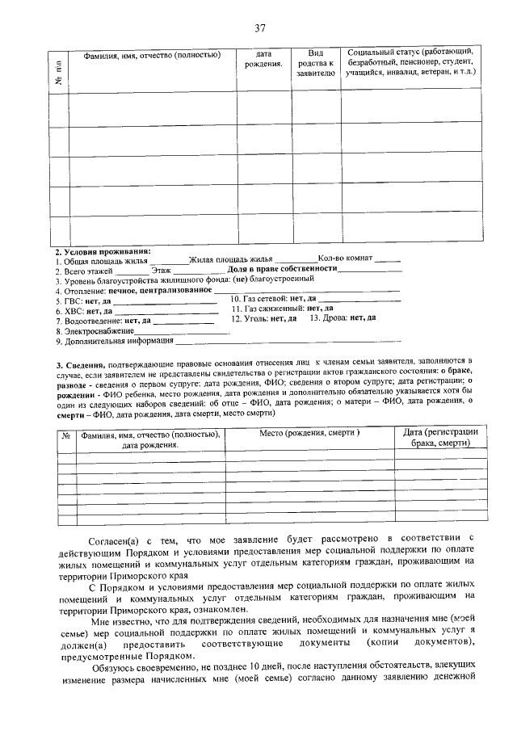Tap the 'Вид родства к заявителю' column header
click(315, 61)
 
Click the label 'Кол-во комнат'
click(346, 258)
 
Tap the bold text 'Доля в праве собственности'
click(281, 268)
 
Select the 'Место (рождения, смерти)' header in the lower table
click(309, 434)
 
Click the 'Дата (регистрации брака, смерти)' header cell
click(440, 439)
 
